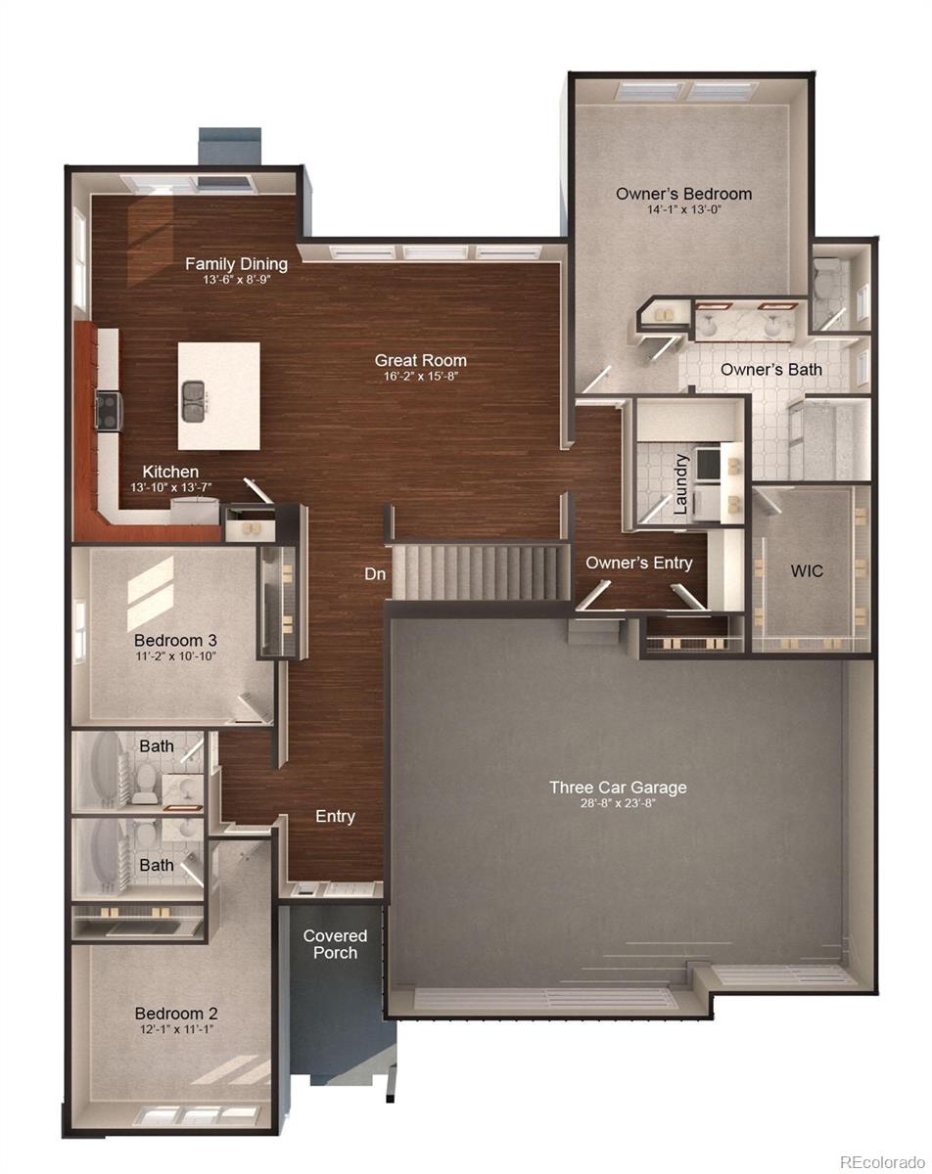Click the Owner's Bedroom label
pos(683,194)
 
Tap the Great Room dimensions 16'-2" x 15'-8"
pos(420,377)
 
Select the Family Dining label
pos(237,263)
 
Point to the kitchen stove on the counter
pos(109,410)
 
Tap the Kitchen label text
pos(170,472)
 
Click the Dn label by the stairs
pos(375,574)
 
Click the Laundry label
pos(681,483)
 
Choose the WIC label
pos(807,570)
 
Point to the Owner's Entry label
pos(638,563)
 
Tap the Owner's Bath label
pos(771,369)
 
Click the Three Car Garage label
pos(618,787)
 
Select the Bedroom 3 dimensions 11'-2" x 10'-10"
pos(175,656)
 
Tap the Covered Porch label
pos(335,944)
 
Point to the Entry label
pos(335,816)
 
